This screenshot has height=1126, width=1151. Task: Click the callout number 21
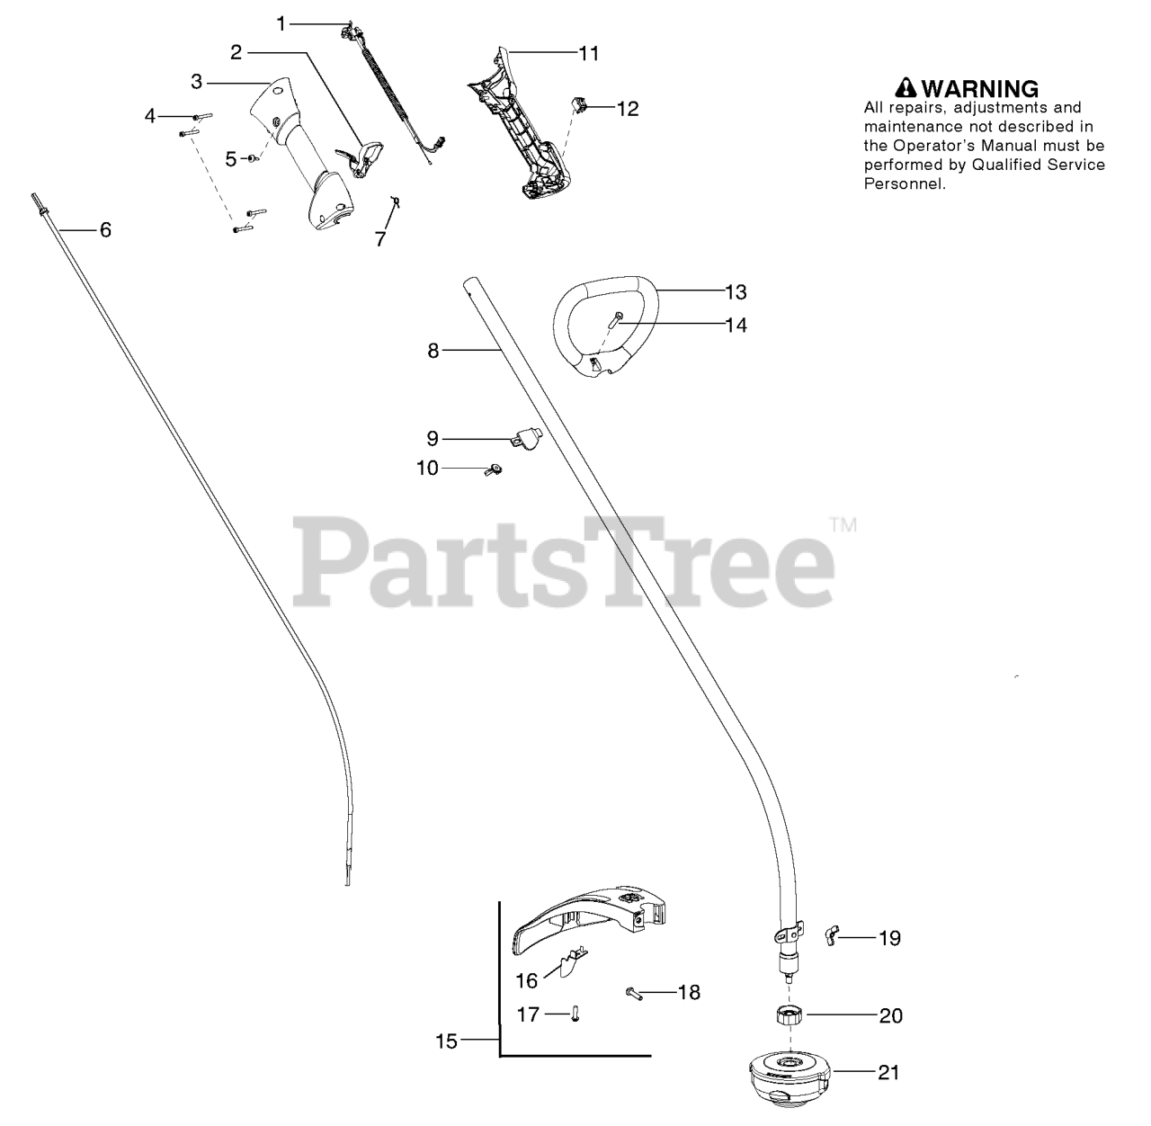click(x=888, y=1072)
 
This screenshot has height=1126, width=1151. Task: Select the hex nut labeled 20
click(x=789, y=1015)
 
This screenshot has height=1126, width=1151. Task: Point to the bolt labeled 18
click(x=634, y=993)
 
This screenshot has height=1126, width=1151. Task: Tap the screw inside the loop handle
click(x=614, y=319)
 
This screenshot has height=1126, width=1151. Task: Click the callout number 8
click(x=433, y=351)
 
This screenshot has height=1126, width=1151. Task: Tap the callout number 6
click(x=105, y=230)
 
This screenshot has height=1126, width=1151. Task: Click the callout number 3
click(x=196, y=82)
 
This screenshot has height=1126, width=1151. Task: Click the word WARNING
click(x=980, y=88)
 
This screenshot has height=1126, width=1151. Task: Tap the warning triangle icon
click(x=906, y=88)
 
